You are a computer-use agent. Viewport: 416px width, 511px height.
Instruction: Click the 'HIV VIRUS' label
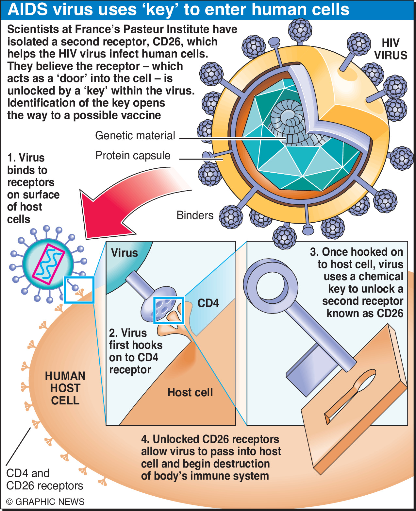coord(391,49)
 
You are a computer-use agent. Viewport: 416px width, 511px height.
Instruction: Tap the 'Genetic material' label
coord(135,135)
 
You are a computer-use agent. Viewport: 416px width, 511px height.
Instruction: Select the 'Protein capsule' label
coord(133,155)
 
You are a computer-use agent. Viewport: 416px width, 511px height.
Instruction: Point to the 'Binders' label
coord(195,215)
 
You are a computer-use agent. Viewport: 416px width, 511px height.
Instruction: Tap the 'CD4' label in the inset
coord(208,303)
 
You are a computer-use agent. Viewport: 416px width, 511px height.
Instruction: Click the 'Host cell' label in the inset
coord(190,392)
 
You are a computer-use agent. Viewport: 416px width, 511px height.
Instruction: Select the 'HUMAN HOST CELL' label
coord(65,388)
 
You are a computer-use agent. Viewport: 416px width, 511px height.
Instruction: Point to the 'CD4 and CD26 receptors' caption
coord(44,479)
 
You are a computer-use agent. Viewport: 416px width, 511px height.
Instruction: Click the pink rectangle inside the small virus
coord(49,264)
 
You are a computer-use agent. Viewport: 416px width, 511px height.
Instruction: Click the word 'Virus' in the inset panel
coord(125,253)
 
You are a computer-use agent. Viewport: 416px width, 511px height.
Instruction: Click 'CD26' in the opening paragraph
coord(167,42)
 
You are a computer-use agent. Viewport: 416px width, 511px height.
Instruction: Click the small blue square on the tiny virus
coord(79,290)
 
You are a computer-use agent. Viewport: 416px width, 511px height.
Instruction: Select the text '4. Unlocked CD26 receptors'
coord(210,439)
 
